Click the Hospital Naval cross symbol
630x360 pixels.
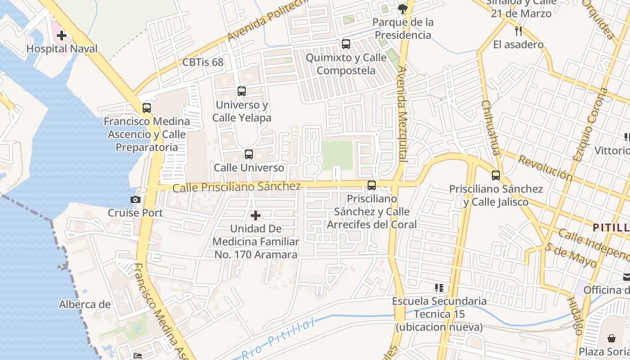point(62,35)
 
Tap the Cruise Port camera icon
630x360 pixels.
point(135,199)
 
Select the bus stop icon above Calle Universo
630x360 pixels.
point(249,154)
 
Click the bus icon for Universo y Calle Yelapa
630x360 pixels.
point(242,91)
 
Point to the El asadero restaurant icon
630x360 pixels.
point(518,31)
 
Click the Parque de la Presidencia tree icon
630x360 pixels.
point(403,8)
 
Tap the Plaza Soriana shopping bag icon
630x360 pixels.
point(612,338)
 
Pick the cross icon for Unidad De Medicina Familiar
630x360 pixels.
point(256,216)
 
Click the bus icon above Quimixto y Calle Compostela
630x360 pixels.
point(346,44)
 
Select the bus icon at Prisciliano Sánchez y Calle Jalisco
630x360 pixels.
point(496,175)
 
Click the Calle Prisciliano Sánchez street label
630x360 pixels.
point(236,186)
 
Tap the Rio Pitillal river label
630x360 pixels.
point(278,339)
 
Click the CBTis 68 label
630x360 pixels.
point(202,62)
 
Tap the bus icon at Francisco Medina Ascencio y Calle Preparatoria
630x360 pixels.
point(147,108)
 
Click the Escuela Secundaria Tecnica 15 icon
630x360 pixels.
point(439,288)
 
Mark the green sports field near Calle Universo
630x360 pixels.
point(337,156)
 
